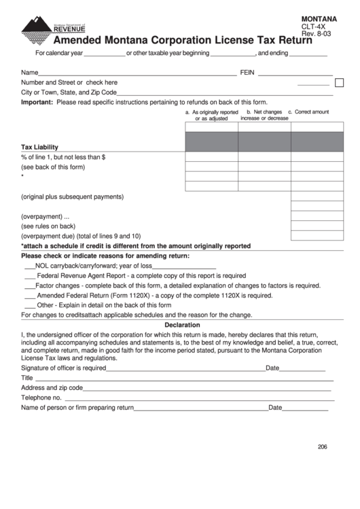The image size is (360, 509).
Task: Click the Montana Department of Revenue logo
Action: (53, 27)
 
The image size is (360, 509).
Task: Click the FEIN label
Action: (247, 72)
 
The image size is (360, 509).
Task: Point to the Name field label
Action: (29, 72)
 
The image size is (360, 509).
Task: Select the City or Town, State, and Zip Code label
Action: (69, 92)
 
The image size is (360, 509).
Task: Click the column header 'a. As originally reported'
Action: (211, 115)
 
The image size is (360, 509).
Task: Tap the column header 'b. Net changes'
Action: (264, 115)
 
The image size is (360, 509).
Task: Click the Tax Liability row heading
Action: (39, 147)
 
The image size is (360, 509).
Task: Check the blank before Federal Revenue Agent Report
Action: (29, 276)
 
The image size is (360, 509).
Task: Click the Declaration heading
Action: (181, 325)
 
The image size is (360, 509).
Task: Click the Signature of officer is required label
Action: (63, 368)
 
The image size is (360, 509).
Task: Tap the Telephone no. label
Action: (41, 398)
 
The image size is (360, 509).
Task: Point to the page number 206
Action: (322, 446)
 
